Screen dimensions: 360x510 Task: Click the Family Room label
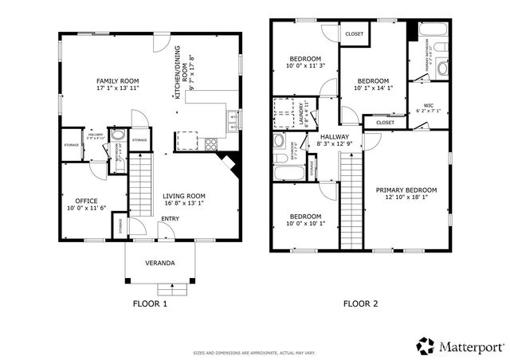click(118, 81)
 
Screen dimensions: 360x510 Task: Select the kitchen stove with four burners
click(212, 144)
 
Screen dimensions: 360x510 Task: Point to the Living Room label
click(184, 196)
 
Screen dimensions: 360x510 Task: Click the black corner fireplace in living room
click(232, 164)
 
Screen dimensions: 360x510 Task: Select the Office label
click(86, 200)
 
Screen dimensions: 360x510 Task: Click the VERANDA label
click(159, 263)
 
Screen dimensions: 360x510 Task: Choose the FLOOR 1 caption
click(149, 303)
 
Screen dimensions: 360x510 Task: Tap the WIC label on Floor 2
click(428, 105)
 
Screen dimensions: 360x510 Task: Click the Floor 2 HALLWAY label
click(335, 137)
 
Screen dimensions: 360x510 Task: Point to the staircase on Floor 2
click(351, 199)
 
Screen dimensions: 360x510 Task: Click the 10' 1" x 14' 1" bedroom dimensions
click(372, 89)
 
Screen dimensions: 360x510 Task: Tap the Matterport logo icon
click(426, 346)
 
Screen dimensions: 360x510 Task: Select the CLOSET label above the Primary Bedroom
click(385, 123)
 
